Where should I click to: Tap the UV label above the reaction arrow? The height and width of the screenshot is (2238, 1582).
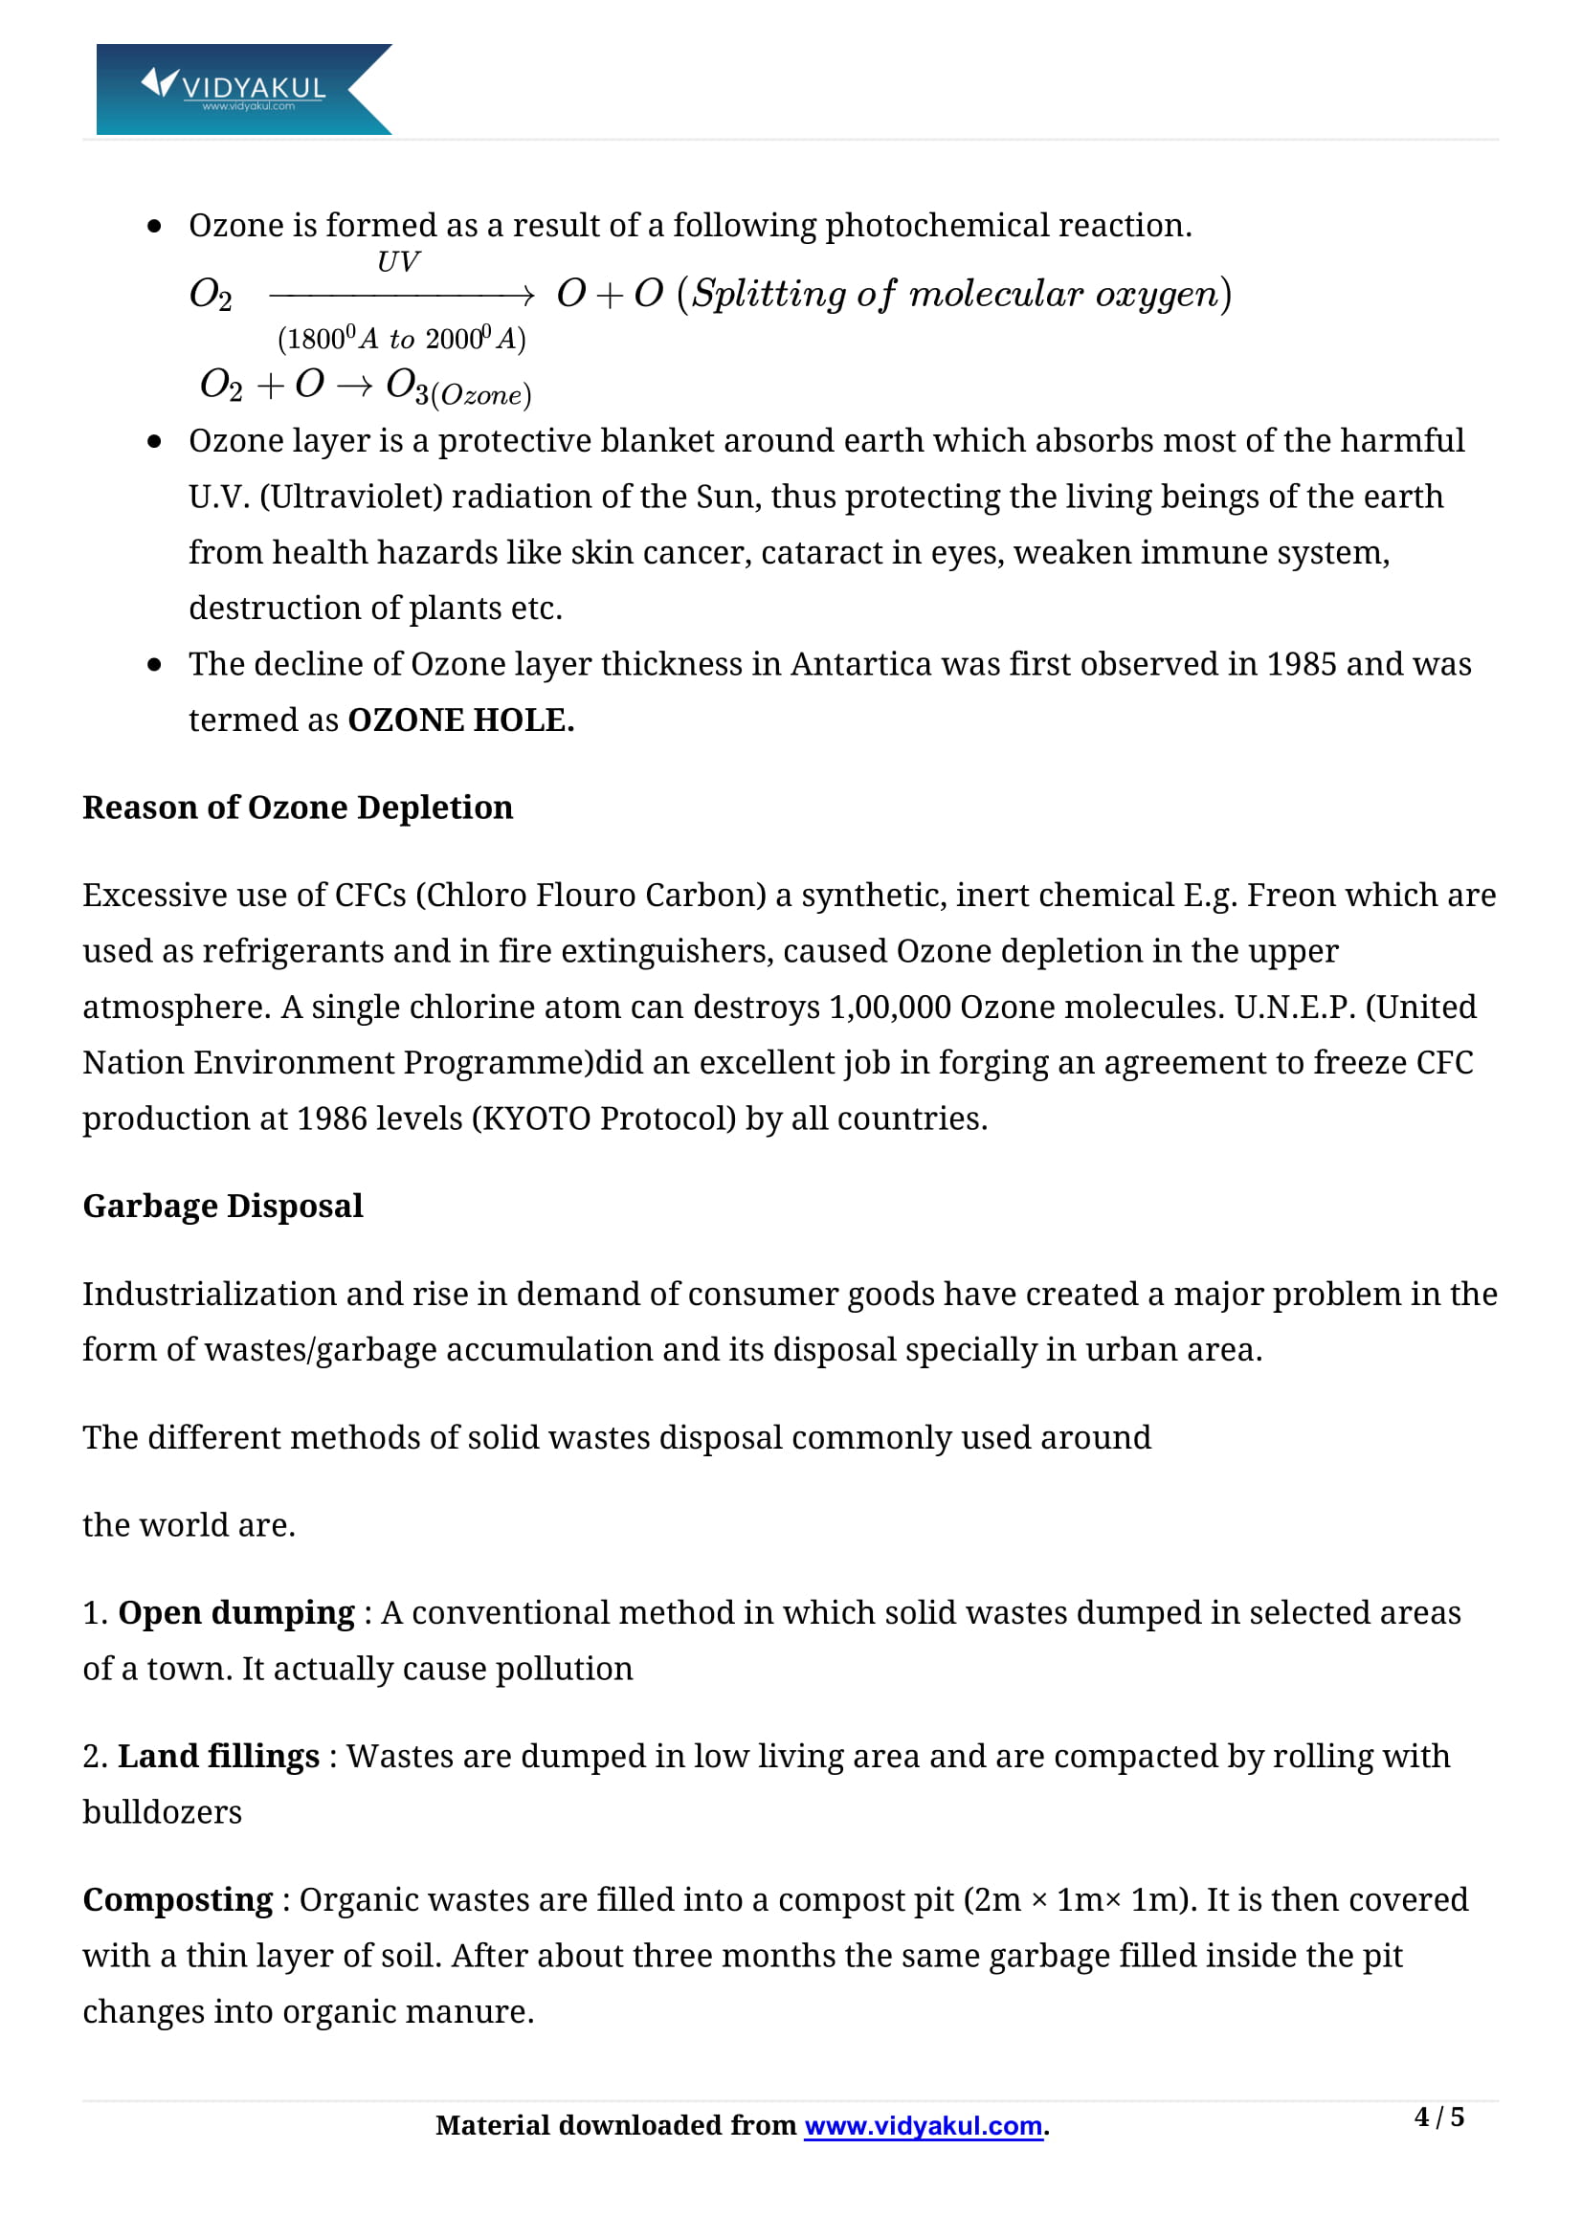[398, 261]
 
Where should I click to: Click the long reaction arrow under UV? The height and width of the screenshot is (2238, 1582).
[401, 295]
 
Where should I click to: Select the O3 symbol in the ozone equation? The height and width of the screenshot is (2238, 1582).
[408, 385]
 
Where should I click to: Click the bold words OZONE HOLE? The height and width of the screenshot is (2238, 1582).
[460, 720]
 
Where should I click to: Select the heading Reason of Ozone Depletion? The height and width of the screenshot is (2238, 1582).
[298, 808]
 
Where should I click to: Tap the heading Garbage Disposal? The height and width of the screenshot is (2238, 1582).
[222, 1206]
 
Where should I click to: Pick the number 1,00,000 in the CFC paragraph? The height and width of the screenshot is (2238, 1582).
[889, 1006]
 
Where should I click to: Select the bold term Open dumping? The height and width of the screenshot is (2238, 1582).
[235, 1612]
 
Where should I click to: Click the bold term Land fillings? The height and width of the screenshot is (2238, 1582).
[218, 1756]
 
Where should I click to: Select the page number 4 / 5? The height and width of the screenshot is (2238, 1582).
[1438, 2116]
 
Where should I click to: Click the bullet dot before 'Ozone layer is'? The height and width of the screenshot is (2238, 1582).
[154, 441]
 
